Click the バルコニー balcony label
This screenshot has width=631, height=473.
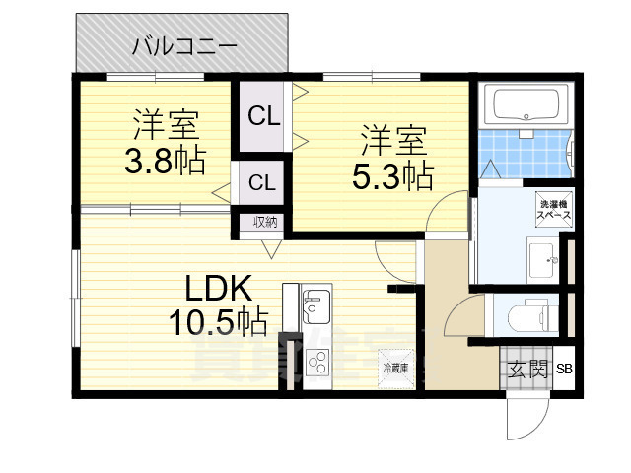tap(184, 44)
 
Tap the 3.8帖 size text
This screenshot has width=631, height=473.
tap(164, 161)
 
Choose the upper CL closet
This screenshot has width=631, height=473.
tap(263, 116)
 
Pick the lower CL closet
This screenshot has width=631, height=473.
tap(261, 182)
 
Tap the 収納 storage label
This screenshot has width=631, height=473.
tap(265, 222)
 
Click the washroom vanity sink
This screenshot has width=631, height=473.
tap(540, 260)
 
